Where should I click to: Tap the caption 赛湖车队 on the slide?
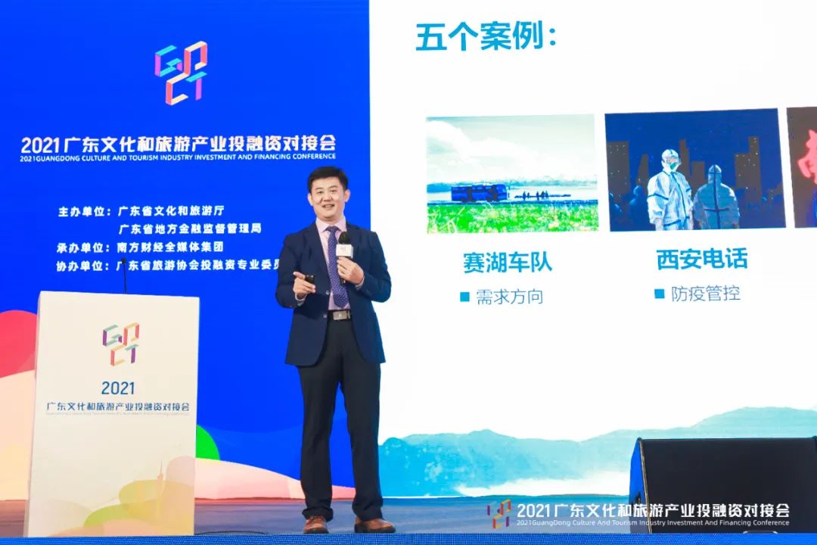[508, 262]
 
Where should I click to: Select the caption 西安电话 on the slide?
[702, 259]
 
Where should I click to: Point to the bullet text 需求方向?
[509, 297]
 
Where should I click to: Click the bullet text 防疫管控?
[705, 294]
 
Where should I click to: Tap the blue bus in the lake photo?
[479, 192]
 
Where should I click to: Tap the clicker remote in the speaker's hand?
[309, 280]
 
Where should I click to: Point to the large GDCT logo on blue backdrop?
[182, 73]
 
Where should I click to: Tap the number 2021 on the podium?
[118, 388]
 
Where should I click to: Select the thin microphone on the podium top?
[125, 276]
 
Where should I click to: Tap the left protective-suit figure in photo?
[667, 189]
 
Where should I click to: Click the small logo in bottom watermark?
[499, 512]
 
